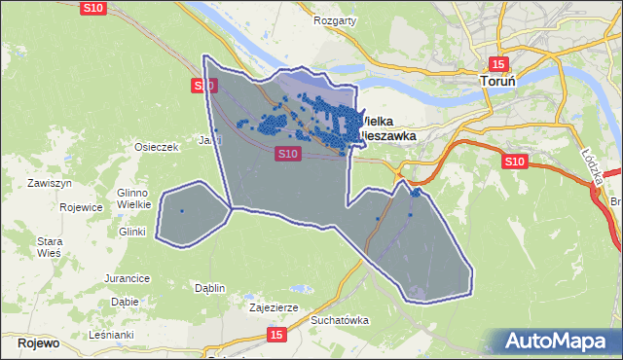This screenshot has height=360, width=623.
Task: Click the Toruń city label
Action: point(504,84)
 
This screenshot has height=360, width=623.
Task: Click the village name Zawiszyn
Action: point(51,183)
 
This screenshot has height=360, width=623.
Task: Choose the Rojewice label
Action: point(81,207)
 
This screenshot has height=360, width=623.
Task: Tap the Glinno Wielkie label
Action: point(131,198)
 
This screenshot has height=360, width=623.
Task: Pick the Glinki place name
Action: point(131,232)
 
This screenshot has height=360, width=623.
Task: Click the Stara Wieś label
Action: point(49,246)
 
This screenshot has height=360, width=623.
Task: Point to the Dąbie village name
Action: point(124,302)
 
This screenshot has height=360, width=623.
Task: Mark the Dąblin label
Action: point(209,288)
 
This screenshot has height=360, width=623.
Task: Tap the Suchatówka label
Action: point(341,319)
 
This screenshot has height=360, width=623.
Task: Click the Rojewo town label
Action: point(38,343)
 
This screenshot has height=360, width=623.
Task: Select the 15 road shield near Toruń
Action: point(497,63)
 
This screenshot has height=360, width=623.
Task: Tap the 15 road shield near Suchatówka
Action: point(277,335)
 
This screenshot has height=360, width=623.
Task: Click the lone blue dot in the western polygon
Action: point(182,210)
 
